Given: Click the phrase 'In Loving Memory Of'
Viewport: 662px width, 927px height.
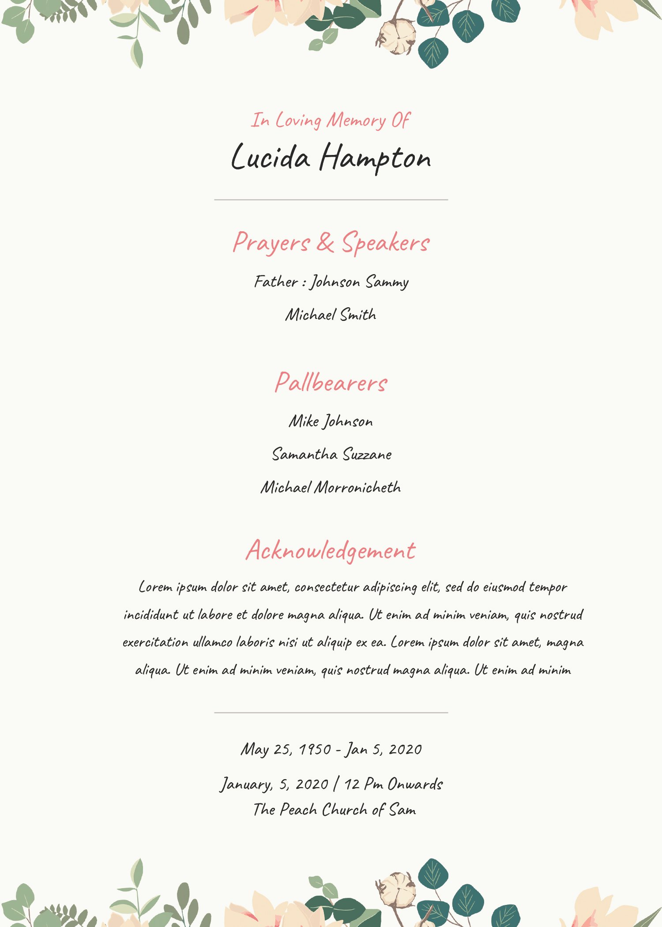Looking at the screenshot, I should (331, 121).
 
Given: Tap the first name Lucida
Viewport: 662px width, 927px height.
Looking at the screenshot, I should (271, 157).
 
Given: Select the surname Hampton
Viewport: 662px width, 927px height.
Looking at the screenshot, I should (375, 158).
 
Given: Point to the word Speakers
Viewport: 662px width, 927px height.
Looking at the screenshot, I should (386, 243).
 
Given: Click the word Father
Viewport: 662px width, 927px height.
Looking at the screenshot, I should (276, 282).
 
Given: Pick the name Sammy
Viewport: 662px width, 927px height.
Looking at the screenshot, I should (387, 283).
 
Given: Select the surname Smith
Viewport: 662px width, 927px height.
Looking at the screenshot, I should (358, 315).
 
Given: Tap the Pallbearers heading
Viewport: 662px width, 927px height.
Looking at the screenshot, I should (331, 383).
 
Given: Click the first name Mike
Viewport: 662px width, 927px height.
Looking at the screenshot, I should (304, 421).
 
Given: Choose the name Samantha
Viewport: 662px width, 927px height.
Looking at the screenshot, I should (305, 454).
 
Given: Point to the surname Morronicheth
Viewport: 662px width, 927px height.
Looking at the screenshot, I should (357, 487).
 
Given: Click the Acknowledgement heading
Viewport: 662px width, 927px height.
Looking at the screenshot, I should (331, 550).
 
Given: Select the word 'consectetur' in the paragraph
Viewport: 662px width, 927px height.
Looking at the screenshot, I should (327, 588).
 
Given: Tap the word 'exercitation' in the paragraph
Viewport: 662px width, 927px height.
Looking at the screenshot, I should (155, 642).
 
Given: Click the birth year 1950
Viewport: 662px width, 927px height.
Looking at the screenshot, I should (315, 749).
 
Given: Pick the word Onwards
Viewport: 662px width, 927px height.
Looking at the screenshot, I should (415, 784).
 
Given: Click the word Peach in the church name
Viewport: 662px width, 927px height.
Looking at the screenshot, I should (298, 810).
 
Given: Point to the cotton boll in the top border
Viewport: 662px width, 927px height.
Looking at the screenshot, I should (396, 36).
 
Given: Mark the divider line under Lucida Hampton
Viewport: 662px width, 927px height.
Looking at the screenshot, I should (331, 200).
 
